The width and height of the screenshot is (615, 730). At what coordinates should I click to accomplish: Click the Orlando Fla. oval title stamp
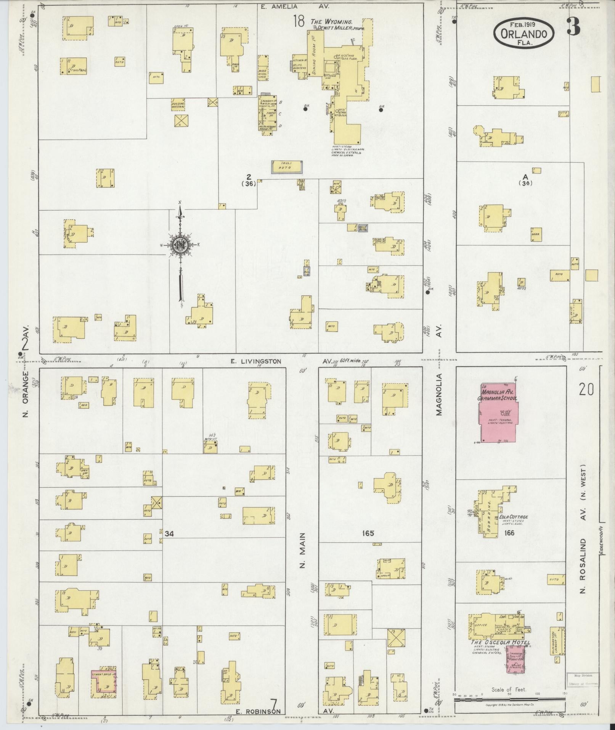click(x=524, y=34)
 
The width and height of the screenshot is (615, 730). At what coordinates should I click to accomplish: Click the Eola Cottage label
click(x=514, y=517)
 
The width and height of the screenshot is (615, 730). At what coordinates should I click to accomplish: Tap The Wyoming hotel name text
click(x=331, y=22)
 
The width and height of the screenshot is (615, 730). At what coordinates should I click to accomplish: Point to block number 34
click(x=169, y=534)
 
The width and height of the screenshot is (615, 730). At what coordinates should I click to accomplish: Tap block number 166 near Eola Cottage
click(x=509, y=533)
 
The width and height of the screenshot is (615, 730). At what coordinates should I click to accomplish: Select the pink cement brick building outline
click(x=103, y=673)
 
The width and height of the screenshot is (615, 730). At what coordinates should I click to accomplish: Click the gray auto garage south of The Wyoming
click(x=287, y=168)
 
